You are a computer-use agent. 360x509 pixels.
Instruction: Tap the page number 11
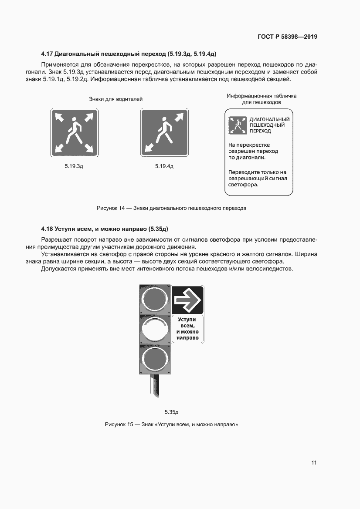coord(314,463)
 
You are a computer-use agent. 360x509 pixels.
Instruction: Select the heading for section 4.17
coord(129,54)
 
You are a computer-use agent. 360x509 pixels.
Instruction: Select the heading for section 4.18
coord(105,228)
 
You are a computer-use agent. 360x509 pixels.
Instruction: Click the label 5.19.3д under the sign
coord(74,166)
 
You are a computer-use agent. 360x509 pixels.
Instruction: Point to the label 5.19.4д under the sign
coord(164,166)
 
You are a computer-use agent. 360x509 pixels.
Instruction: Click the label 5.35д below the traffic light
coord(172,411)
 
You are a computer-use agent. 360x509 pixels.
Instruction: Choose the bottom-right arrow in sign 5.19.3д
coord(88,148)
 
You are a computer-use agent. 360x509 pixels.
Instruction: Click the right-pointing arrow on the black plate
coord(187,300)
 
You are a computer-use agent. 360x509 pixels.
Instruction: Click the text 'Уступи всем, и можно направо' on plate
coord(187,329)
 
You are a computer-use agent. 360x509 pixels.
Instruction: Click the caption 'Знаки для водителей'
coord(116,99)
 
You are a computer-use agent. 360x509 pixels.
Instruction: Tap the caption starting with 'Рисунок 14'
coord(171,208)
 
